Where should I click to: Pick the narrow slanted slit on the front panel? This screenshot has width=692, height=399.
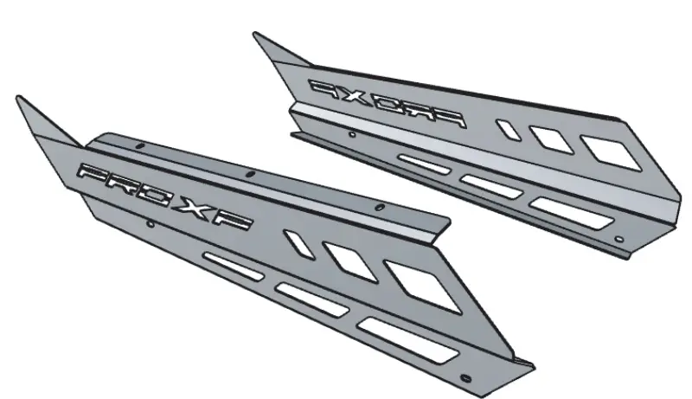(x=298, y=245)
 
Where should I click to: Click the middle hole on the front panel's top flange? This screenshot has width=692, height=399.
(x=250, y=175)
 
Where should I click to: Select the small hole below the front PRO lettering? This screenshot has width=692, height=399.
(x=150, y=223)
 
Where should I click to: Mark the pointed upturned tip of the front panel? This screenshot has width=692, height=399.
(x=20, y=99)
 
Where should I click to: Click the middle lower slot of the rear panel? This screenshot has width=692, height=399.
(x=490, y=184)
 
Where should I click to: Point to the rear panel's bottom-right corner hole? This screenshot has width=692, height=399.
(x=617, y=237)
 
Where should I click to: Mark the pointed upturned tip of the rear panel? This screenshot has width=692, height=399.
(x=256, y=36)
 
